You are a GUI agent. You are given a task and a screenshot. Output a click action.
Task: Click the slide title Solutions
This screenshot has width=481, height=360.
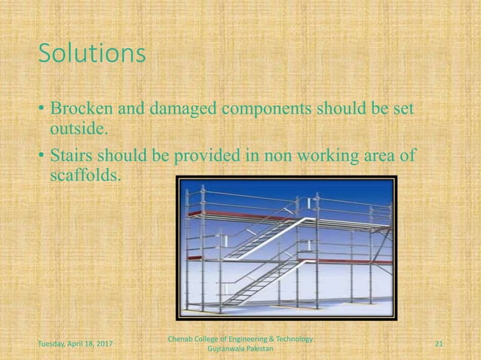91,54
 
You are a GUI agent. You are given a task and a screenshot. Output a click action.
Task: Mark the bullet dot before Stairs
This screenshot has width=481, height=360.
42,157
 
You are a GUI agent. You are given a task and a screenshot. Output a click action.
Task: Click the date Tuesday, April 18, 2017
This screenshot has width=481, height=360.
75,343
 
